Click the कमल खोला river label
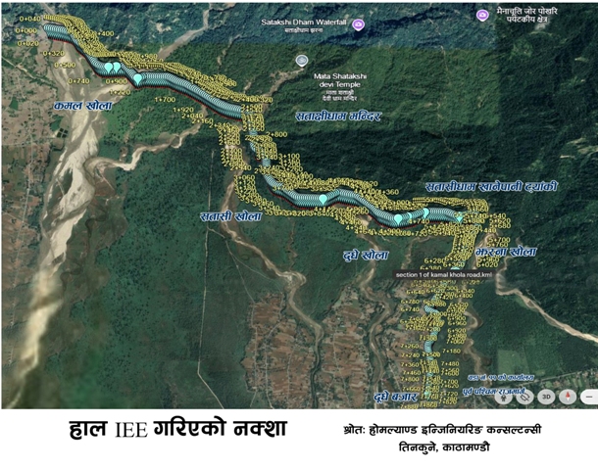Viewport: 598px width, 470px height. pos(84,104)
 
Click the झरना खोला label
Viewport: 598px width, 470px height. pos(506,253)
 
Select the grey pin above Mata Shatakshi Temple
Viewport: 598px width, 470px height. pos(302,60)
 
